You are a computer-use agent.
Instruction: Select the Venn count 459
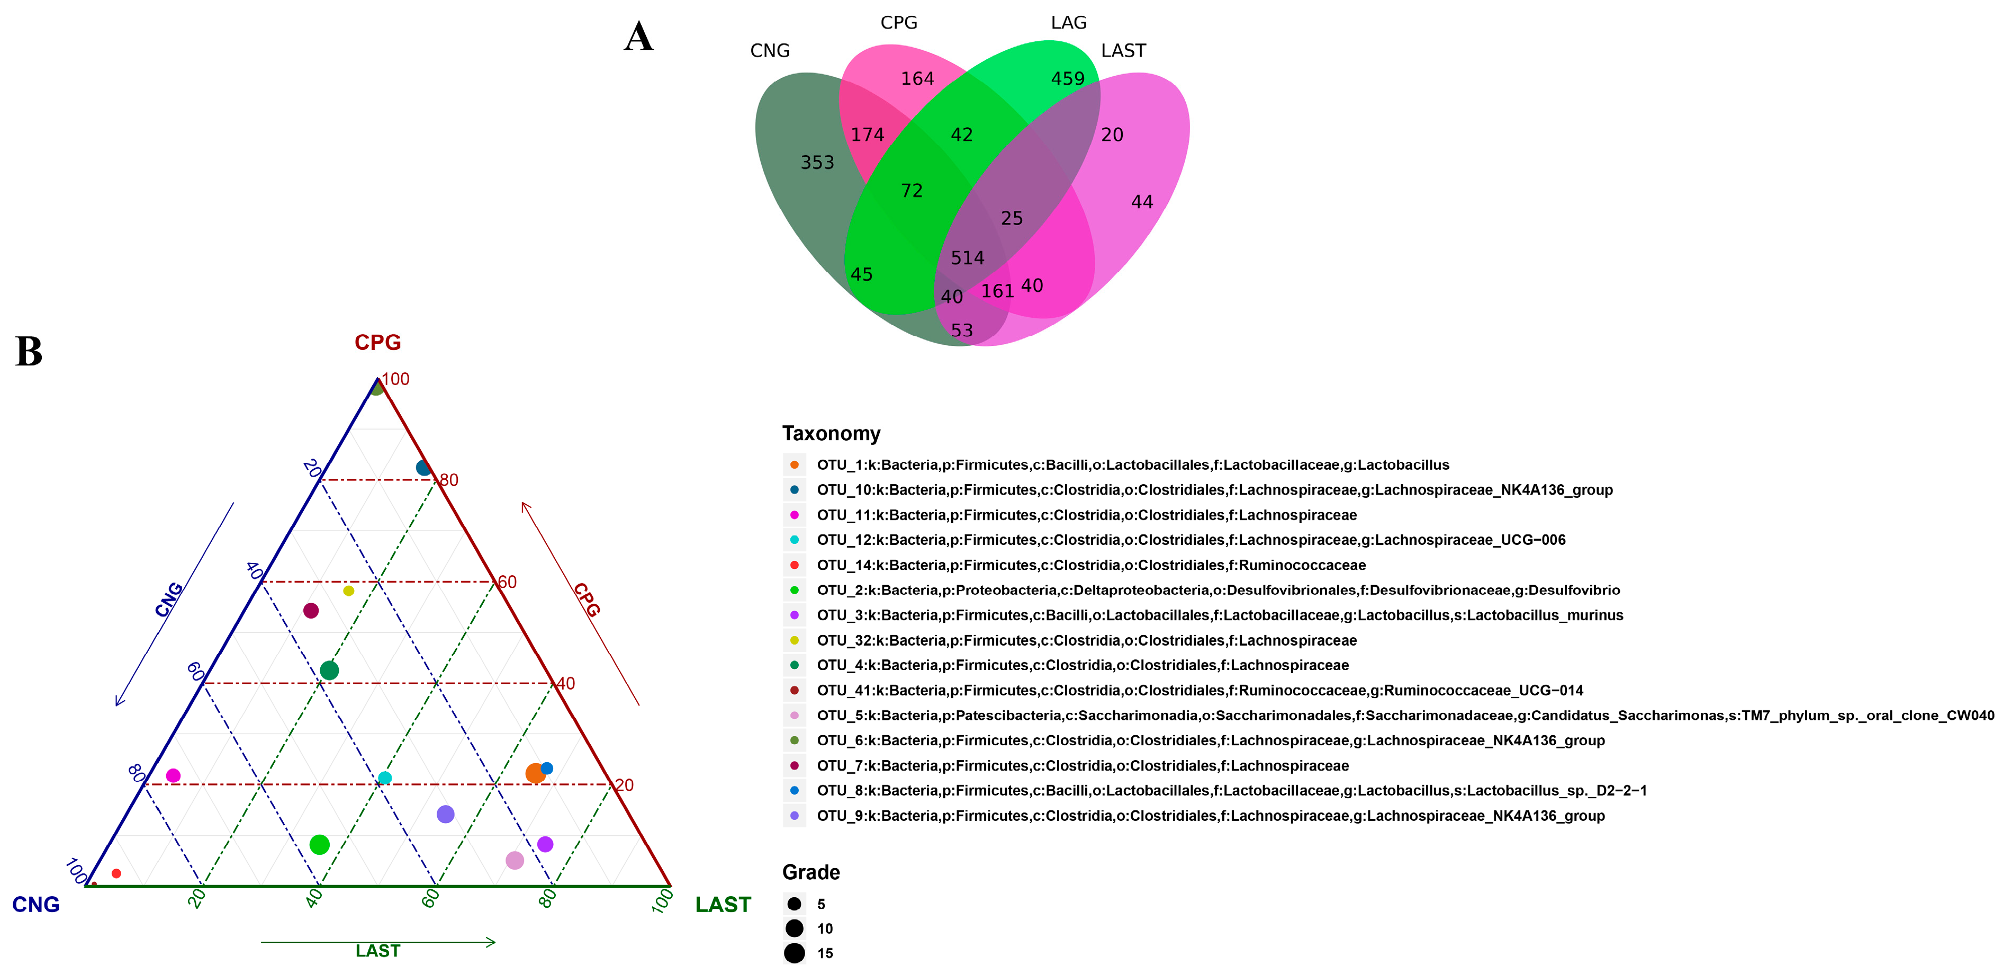pos(1067,78)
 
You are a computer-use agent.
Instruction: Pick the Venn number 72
pos(912,191)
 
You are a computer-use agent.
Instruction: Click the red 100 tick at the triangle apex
pos(395,379)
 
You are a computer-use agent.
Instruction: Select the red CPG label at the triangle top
pos(378,343)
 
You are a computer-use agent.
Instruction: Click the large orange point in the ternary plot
pos(535,773)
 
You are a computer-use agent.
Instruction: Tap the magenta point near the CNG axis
pos(173,776)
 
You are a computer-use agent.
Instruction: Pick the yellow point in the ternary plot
pos(349,591)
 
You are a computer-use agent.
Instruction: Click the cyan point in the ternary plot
pos(385,778)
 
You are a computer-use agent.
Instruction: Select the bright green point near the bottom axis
pos(319,845)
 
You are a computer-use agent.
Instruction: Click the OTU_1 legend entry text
pos(1132,465)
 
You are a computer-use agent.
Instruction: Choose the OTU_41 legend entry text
pos(1199,690)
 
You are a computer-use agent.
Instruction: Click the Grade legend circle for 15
pos(794,953)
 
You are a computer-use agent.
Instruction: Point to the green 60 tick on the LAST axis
pos(430,899)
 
